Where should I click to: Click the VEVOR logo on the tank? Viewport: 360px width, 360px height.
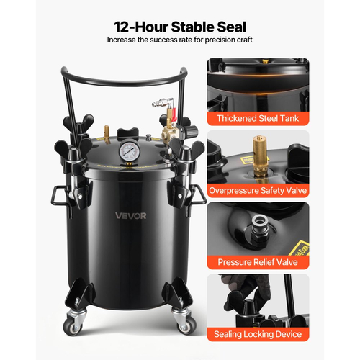130,216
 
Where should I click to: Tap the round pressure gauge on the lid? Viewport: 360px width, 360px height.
128,151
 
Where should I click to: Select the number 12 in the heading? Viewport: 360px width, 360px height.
122,27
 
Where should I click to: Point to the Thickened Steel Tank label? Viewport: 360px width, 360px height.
258,118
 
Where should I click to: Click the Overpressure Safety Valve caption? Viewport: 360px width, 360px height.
258,190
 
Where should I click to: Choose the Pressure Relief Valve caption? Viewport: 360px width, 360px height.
258,262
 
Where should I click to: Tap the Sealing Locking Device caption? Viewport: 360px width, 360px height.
258,334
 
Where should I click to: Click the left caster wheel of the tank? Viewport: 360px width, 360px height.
73,326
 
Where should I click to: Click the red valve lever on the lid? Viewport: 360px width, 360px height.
174,115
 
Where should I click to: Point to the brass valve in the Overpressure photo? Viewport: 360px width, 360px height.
260,154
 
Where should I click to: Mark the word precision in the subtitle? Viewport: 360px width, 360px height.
220,40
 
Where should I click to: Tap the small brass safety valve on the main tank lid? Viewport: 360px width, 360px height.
107,133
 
